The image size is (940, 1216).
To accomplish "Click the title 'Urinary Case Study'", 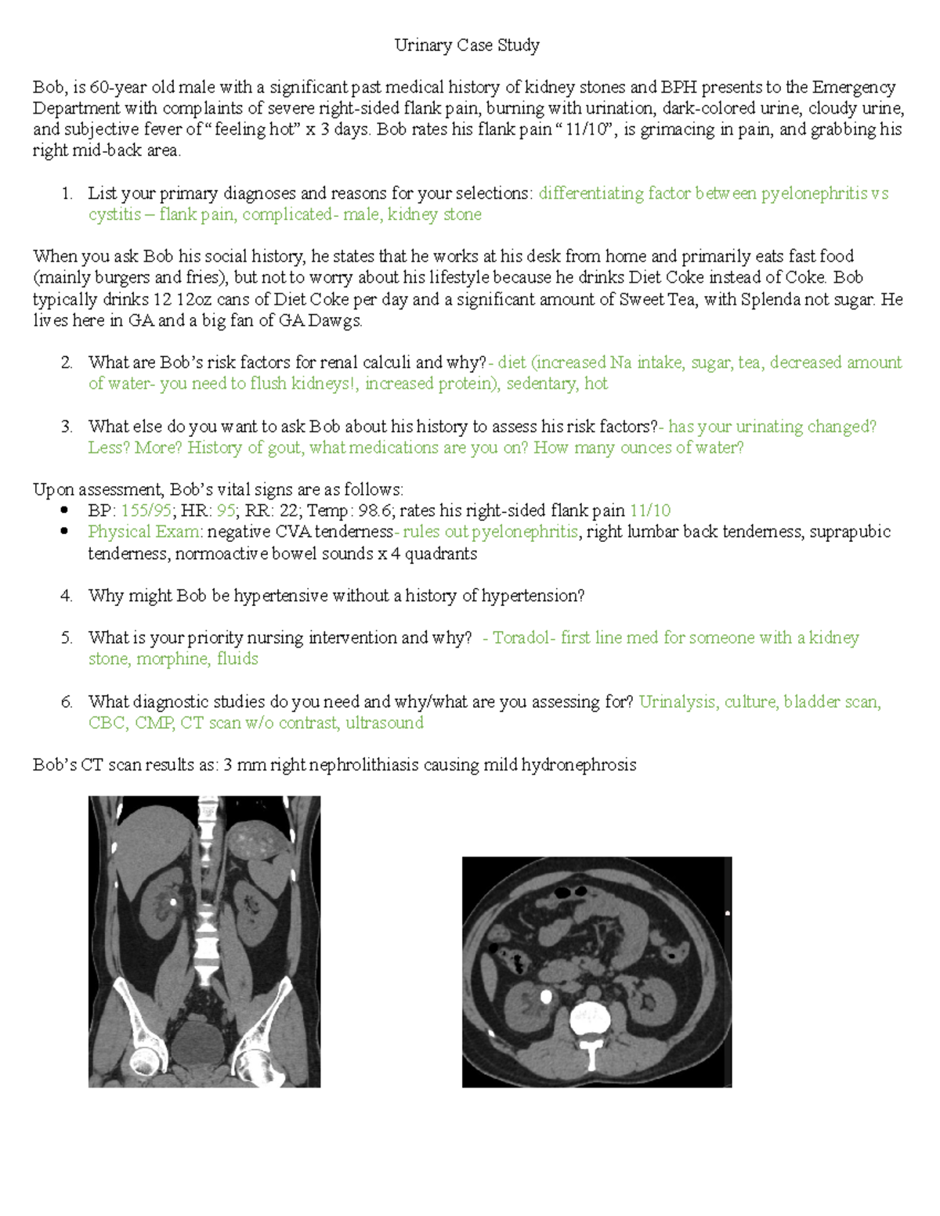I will point(467,45).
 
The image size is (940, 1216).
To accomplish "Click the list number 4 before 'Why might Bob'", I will point(67,596).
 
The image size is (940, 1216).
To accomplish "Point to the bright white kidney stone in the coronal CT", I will point(173,902).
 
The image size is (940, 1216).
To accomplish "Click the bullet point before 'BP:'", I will point(64,511).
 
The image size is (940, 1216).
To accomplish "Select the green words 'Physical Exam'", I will point(145,532).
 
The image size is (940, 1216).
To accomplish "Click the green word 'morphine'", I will point(173,659).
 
